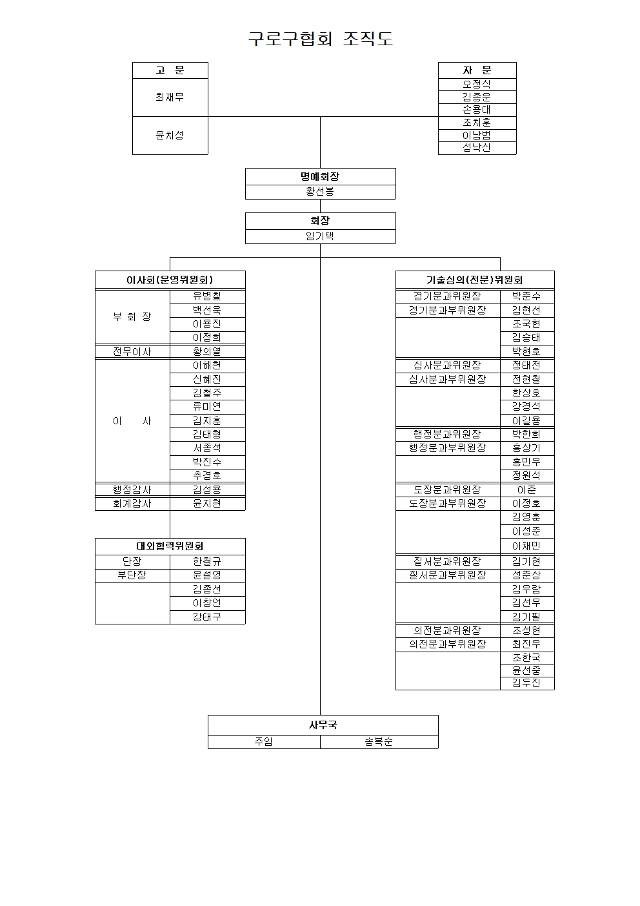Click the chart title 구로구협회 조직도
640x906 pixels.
pos(321,39)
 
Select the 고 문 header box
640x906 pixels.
pos(170,70)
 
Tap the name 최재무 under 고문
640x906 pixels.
pos(170,97)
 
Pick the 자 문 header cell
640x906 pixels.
pos(477,70)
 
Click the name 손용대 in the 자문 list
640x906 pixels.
pos(477,110)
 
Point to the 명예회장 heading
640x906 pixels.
pos(320,176)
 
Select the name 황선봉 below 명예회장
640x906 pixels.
pos(320,192)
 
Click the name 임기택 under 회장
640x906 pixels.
pos(320,236)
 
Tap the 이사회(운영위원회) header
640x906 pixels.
pos(170,280)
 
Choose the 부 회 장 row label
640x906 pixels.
pos(132,316)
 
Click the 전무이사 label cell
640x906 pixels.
pos(132,351)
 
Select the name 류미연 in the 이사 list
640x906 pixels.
pos(207,406)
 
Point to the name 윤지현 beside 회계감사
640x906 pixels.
pos(207,503)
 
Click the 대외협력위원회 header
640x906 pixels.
pos(170,546)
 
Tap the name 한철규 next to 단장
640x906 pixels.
pos(207,561)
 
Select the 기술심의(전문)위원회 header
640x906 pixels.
pos(475,280)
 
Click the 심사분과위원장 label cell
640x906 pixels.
pos(447,365)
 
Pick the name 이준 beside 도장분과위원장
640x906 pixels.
pos(526,489)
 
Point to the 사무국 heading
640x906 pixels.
pos(323,725)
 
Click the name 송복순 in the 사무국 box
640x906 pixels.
pos(379,741)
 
